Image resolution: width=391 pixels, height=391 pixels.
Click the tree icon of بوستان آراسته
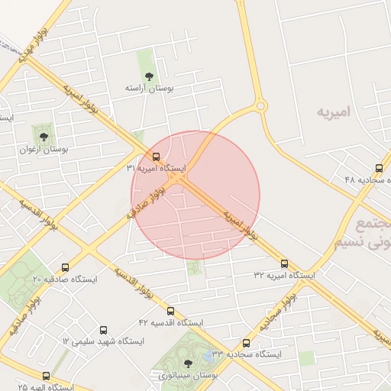149,76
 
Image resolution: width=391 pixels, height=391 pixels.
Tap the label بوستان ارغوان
44,150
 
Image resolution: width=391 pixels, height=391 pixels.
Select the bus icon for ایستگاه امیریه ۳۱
157,157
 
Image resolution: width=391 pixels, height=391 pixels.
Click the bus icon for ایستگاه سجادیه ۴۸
379,168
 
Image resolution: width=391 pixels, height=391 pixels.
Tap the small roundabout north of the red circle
260,106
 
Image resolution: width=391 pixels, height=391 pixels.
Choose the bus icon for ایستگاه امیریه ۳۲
284,263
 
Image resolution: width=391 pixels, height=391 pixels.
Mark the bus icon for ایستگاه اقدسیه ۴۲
170,312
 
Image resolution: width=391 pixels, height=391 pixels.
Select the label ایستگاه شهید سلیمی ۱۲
104,341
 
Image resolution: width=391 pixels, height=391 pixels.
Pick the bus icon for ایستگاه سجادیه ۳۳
246,344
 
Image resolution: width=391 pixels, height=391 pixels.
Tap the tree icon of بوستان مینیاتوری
189,364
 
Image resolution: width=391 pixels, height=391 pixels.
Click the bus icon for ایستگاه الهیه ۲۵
46,376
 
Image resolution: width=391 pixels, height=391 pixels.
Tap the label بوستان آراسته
150,89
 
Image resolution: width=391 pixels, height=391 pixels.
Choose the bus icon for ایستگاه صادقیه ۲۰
65,268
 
